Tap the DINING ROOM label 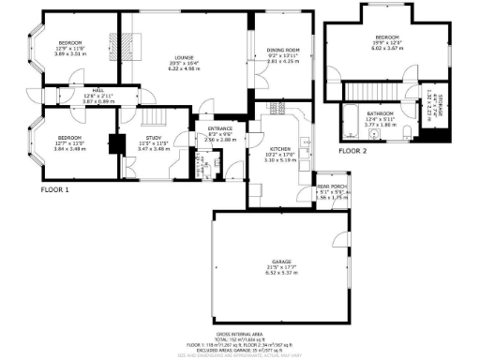[x=283, y=50]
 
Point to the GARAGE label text [x=281, y=262]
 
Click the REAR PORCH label [x=331, y=187]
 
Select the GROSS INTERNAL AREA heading [x=239, y=332]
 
